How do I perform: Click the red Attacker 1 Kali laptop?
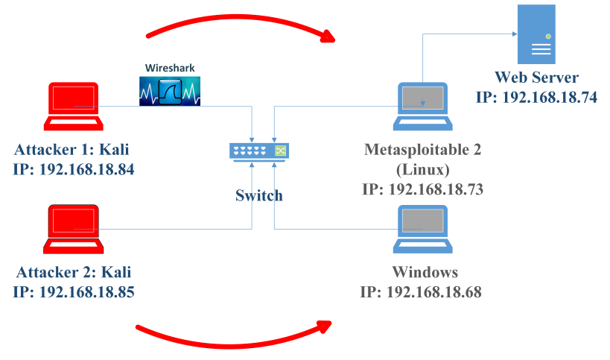[x=73, y=105]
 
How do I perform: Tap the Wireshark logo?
[x=171, y=84]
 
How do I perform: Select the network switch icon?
[x=258, y=151]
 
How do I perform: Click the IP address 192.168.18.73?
[x=422, y=189]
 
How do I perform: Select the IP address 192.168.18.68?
[x=421, y=292]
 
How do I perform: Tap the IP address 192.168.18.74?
[x=536, y=96]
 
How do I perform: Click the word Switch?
[x=259, y=196]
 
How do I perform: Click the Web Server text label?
[x=536, y=78]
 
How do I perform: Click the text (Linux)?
[x=422, y=169]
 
